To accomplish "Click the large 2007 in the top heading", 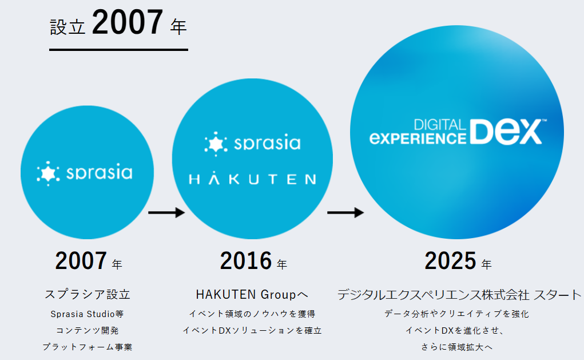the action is [x=128, y=22].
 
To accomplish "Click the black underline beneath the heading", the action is [x=118, y=49].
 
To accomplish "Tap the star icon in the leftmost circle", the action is [x=48, y=173].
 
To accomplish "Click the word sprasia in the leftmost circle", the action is [x=99, y=172].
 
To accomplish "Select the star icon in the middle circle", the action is [x=216, y=144].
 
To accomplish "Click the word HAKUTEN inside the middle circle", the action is [x=252, y=179].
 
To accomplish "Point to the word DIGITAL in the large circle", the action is [x=440, y=125].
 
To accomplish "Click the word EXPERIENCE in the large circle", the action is [x=418, y=139].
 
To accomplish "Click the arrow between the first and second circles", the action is [x=166, y=213].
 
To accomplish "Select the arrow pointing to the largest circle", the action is [x=345, y=213].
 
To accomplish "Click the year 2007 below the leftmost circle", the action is [x=81, y=260].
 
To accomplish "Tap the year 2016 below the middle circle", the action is [x=246, y=260].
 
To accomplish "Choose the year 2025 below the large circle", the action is [x=450, y=260].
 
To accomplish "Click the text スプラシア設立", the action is [x=88, y=294].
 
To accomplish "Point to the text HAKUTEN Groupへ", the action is [x=252, y=294].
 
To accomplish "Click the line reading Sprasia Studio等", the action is [x=87, y=314].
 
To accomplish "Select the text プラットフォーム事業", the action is [x=87, y=347].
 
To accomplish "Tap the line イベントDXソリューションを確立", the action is [x=252, y=331].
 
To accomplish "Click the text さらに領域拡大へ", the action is [x=456, y=347].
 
